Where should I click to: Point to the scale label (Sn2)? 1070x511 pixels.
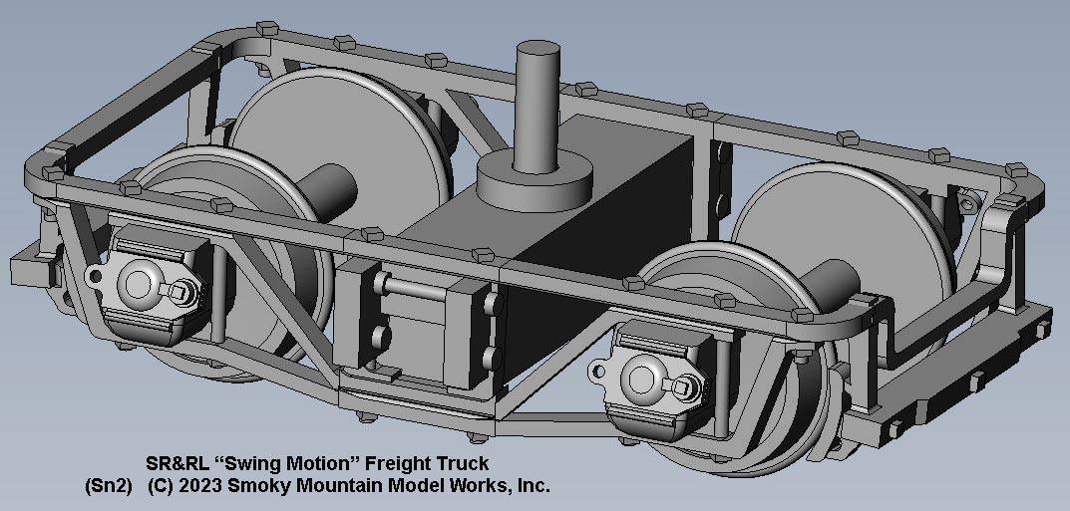(109, 486)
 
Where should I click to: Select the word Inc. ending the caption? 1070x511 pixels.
(531, 486)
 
